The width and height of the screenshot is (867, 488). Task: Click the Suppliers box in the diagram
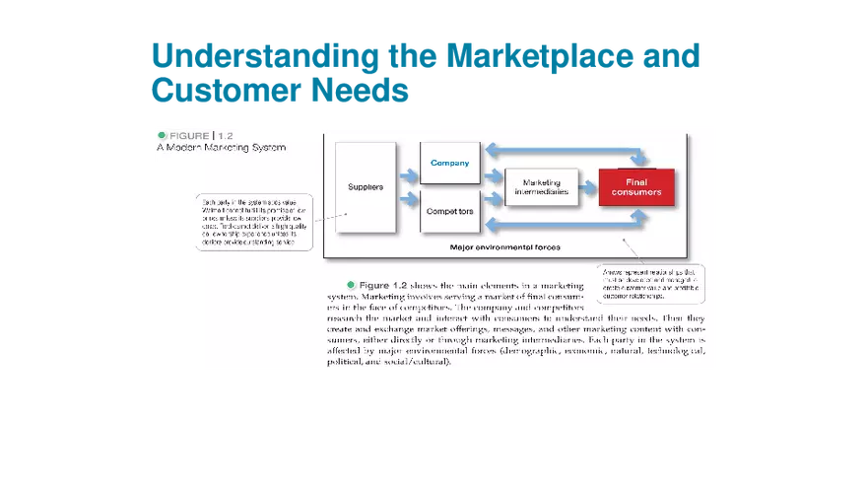pos(366,187)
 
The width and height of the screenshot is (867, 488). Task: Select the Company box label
pos(449,163)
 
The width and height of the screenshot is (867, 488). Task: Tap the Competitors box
pos(449,210)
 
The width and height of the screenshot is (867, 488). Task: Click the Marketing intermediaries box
pos(541,186)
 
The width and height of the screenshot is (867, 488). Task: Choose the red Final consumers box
pos(636,186)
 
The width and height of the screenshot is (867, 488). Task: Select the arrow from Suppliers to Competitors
pos(408,200)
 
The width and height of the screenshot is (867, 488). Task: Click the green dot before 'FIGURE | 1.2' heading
pos(162,135)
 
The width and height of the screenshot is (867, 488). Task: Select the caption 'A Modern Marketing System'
pos(221,149)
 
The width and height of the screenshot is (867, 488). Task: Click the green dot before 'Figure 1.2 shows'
pos(351,284)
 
